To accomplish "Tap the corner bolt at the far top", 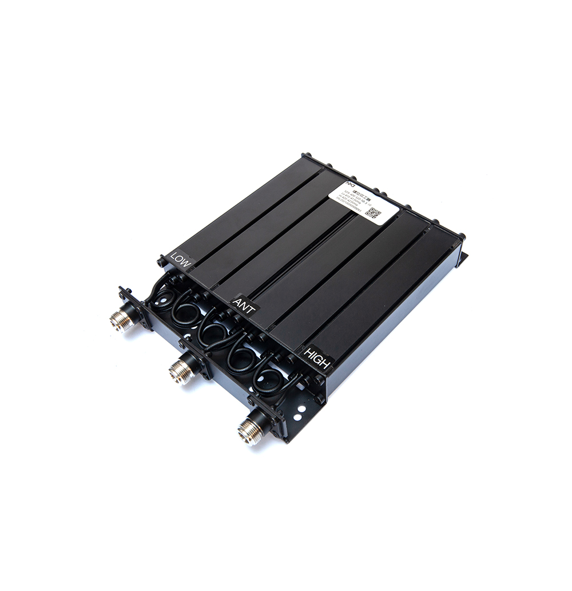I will click(305, 155).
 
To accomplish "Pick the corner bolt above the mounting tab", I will click(459, 236).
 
